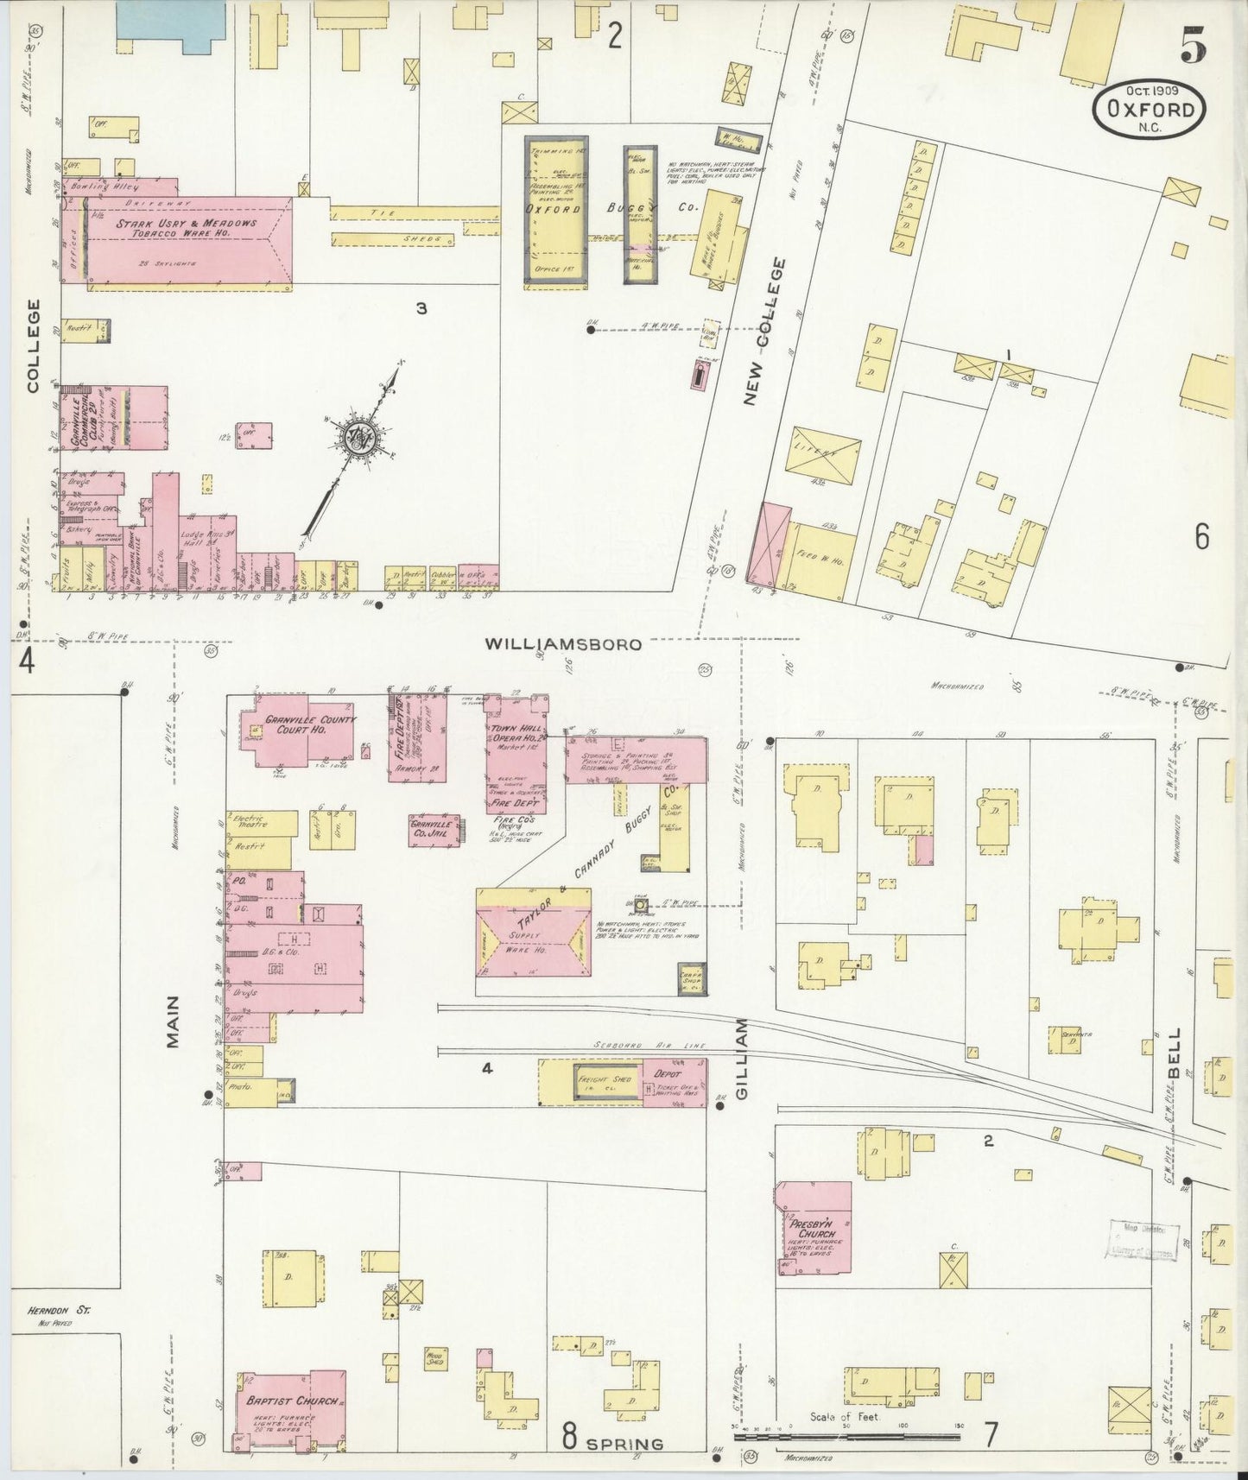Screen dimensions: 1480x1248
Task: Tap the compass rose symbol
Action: point(357,437)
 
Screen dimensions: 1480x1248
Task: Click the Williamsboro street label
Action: point(563,644)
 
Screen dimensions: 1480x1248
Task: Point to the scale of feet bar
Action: point(846,1437)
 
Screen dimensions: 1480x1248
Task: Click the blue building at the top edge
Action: point(171,18)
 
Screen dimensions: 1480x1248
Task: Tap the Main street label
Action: point(174,1022)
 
